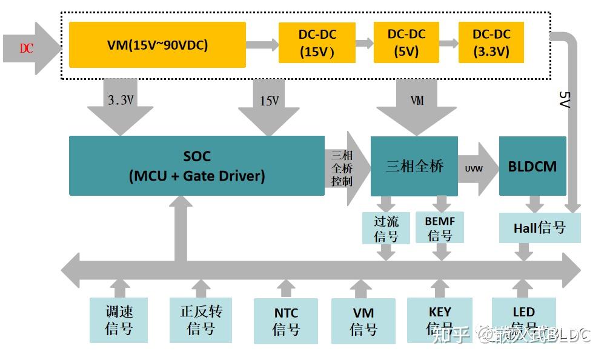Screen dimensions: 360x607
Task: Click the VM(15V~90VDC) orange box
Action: (x=158, y=44)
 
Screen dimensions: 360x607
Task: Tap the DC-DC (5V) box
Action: (x=406, y=42)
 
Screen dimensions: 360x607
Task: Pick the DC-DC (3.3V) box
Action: (x=491, y=42)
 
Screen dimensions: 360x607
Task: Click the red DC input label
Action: (x=26, y=48)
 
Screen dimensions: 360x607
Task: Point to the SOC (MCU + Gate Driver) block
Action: (x=197, y=165)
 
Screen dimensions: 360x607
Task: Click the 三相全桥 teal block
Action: (x=414, y=166)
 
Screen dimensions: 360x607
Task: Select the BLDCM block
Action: (x=532, y=166)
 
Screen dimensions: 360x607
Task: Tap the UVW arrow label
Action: (x=474, y=168)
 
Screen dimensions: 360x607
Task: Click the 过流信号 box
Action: (x=386, y=228)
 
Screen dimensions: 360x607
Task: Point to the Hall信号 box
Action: (x=539, y=228)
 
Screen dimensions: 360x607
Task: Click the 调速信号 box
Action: (x=119, y=320)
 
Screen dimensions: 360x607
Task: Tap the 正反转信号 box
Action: (x=201, y=319)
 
